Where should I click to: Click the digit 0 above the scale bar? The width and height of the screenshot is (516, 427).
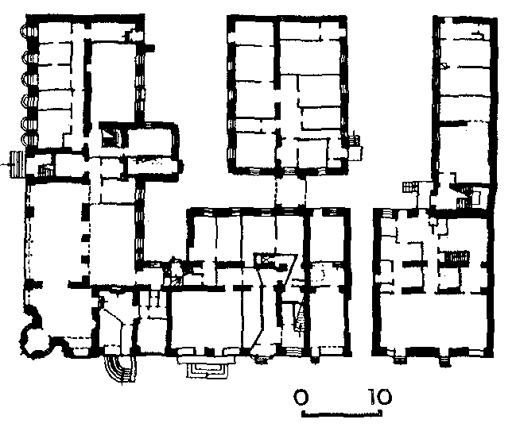(301, 397)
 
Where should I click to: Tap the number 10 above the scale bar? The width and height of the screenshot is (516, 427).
(380, 397)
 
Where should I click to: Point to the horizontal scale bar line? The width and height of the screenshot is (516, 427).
(342, 414)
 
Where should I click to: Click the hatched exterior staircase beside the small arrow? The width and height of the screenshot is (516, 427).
(17, 164)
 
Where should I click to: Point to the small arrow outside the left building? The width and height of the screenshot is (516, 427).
(5, 164)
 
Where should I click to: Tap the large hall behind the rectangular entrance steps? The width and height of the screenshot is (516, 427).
(206, 318)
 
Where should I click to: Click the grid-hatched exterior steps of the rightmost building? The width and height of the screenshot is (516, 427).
(409, 187)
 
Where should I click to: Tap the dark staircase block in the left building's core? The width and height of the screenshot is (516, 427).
(111, 136)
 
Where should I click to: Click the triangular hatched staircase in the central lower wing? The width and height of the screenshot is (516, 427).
(300, 316)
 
